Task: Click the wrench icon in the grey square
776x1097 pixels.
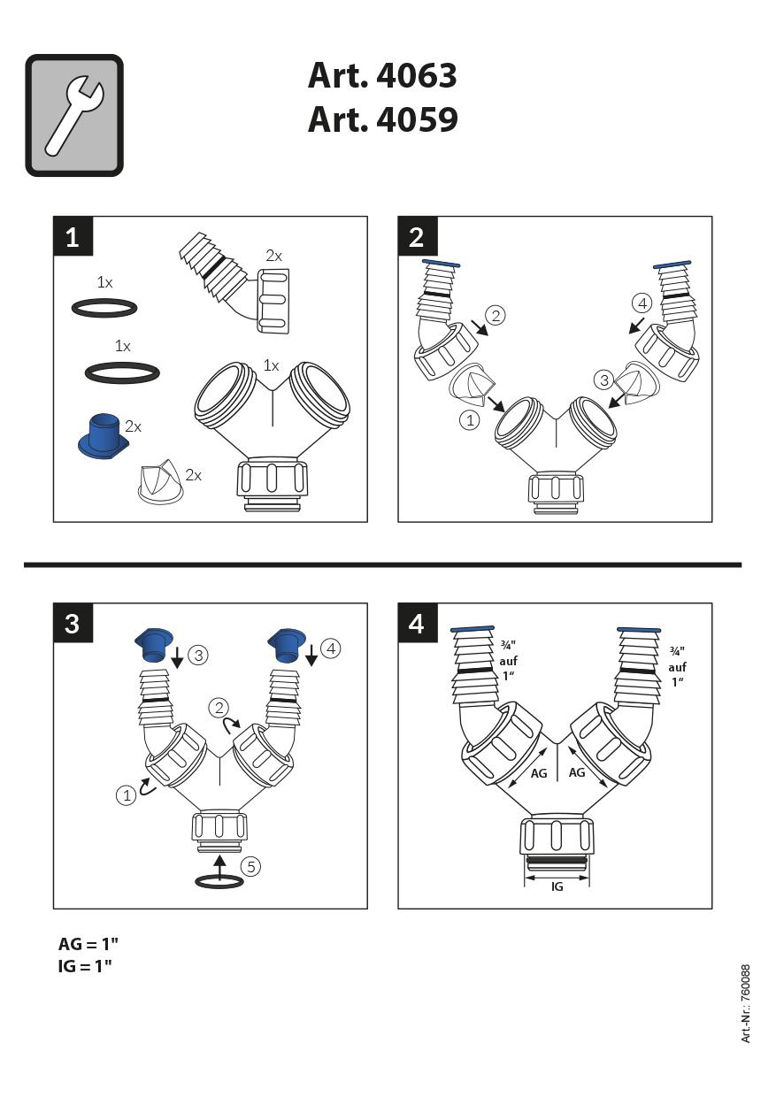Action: pos(74,115)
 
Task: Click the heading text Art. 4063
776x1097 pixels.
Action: pos(382,76)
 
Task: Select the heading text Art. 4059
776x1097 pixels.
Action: pos(382,119)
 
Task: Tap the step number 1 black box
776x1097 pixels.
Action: pos(73,236)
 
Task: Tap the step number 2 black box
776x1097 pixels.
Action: pos(417,236)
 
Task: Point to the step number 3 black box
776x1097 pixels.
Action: pos(73,623)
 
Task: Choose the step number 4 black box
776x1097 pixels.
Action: pos(417,623)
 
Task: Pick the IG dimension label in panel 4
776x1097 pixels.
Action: pos(557,886)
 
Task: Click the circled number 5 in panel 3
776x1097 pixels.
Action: pos(251,866)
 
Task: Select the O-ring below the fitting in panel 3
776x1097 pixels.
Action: pos(219,881)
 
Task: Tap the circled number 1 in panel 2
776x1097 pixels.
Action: pos(470,420)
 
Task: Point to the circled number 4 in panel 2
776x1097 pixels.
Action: pos(642,303)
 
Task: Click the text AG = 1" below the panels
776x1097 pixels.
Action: pos(88,944)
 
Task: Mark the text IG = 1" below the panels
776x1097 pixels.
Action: pos(85,966)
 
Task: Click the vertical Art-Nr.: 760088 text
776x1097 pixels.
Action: pos(746,1003)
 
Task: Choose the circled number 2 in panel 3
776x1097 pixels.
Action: pos(219,707)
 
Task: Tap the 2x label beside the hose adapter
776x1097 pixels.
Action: pos(274,256)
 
